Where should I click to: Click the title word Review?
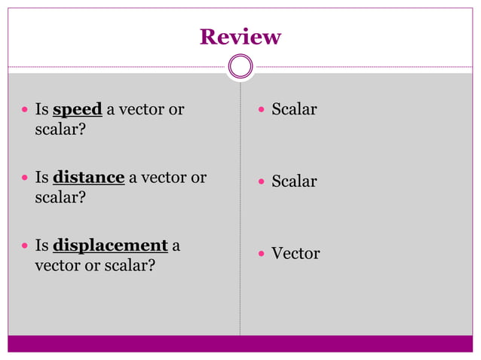[240, 37]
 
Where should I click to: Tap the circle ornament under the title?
[240, 66]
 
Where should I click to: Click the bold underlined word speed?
[78, 110]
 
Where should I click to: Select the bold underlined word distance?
[88, 178]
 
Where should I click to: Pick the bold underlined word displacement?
[110, 246]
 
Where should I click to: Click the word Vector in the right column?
[296, 254]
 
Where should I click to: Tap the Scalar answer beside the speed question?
[294, 110]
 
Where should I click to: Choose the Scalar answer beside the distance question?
[294, 182]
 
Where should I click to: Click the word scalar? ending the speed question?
[60, 130]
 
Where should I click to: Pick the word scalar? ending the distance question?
[60, 198]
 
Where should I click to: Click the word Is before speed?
[42, 110]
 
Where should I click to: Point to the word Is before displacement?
[42, 246]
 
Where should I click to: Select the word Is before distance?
[42, 178]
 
